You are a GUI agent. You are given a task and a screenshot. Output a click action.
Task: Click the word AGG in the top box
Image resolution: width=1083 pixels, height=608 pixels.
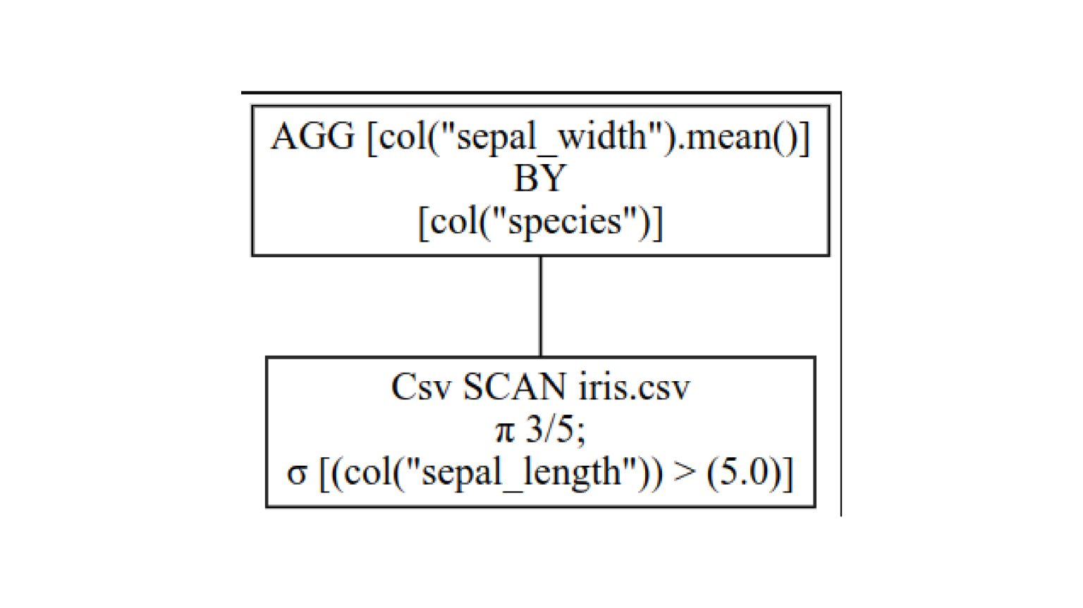[312, 136]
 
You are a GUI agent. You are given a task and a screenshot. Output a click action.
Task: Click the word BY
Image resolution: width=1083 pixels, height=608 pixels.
[539, 178]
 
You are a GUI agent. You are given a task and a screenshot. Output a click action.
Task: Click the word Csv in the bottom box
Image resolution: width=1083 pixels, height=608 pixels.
[420, 387]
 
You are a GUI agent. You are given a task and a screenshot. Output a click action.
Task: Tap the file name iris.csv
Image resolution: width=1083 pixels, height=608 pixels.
[634, 387]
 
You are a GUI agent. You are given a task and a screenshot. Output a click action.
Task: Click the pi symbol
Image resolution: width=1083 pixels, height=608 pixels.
[504, 430]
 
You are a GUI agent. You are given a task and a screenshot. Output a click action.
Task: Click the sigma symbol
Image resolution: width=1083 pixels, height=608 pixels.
[296, 473]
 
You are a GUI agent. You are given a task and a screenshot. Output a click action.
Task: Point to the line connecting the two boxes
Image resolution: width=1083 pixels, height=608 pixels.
[540, 306]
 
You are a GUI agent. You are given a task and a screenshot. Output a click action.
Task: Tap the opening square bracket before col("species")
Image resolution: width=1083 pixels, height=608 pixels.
[423, 222]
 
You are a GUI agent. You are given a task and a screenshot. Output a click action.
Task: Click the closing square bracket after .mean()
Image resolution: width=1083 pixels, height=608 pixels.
[804, 136]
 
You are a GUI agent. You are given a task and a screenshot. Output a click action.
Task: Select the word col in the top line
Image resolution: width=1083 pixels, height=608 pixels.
[402, 136]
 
